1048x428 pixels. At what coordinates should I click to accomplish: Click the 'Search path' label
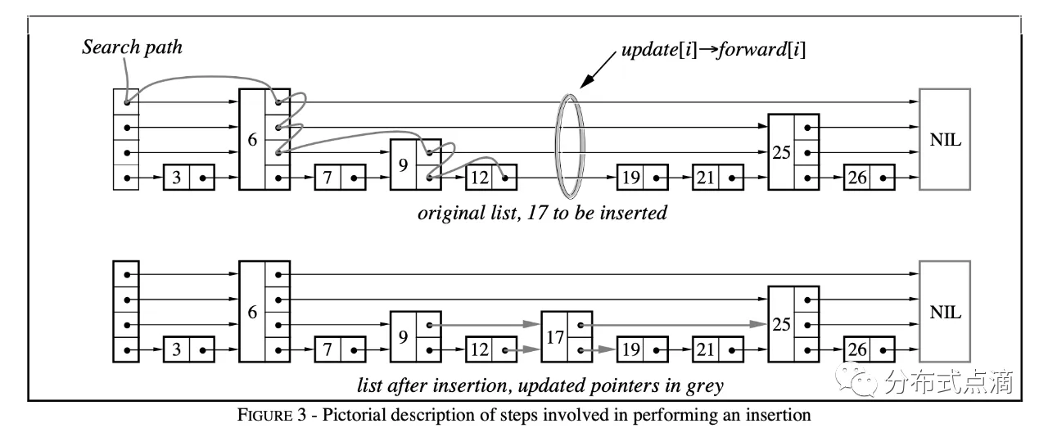coord(132,47)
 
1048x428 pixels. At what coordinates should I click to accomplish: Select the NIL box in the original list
coord(945,139)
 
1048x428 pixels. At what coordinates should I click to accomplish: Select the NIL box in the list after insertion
coord(945,312)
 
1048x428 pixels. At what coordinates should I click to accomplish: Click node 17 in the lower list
coord(566,336)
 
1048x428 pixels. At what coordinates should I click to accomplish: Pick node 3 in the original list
coord(189,177)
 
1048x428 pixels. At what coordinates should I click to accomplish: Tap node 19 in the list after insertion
coord(642,350)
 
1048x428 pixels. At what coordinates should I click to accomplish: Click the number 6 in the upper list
coord(252,140)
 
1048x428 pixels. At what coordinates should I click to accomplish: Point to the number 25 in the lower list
coord(781,325)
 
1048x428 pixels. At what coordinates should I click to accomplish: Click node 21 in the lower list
coord(717,350)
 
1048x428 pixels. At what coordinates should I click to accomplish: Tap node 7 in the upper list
coord(340,177)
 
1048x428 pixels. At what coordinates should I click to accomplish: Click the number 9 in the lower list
coord(403,336)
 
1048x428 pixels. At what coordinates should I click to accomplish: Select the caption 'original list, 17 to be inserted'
coord(542,214)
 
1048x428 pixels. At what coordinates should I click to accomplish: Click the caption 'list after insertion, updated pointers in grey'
coord(540,385)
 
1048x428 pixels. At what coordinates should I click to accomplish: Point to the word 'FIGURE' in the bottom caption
coord(262,415)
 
